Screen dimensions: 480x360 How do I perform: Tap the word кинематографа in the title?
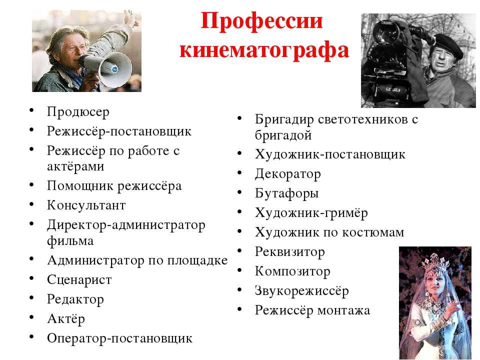tap(264, 50)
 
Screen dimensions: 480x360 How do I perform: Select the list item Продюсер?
tap(78, 112)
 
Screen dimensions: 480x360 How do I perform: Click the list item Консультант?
tap(86, 205)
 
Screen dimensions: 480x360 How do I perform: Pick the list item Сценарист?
tap(79, 280)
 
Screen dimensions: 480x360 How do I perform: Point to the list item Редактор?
tap(75, 299)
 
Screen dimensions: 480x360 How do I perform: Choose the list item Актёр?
tap(66, 318)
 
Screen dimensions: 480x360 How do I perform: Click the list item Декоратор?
tap(288, 174)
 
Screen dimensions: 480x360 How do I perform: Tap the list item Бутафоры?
tap(287, 194)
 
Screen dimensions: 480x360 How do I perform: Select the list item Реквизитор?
tap(290, 252)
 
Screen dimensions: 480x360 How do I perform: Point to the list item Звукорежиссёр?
tap(302, 291)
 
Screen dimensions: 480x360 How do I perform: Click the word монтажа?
tap(344, 310)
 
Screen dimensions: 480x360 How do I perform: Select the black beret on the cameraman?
tap(448, 45)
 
